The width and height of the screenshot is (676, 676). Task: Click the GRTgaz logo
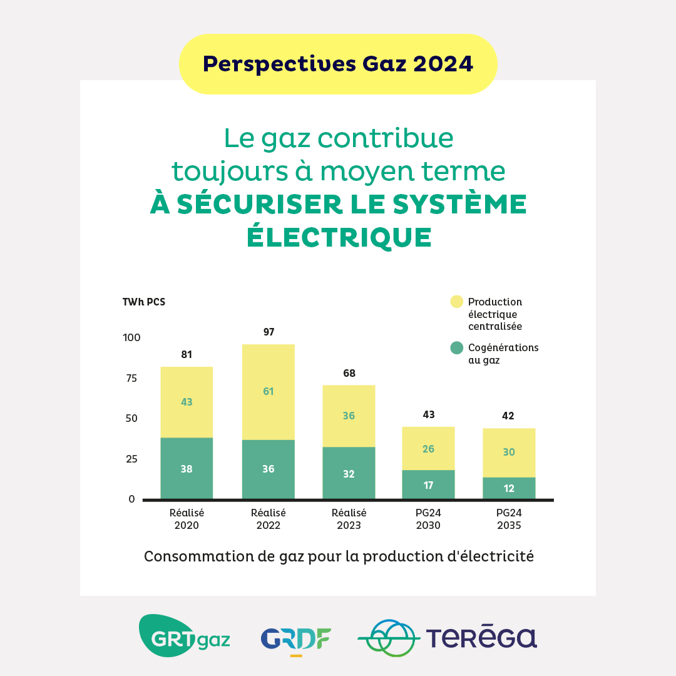(x=184, y=635)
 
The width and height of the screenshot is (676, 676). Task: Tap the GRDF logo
(x=296, y=638)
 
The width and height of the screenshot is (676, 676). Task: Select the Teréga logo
(x=447, y=637)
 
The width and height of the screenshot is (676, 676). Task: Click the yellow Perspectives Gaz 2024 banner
(x=338, y=64)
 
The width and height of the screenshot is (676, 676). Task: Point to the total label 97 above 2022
(x=269, y=332)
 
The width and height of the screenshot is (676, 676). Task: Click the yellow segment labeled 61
(x=269, y=392)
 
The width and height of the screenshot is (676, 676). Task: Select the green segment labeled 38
(x=187, y=468)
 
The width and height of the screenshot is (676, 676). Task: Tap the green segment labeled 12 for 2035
(x=509, y=488)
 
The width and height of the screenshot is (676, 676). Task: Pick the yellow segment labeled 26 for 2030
(x=428, y=449)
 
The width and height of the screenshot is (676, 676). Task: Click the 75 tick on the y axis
(x=131, y=378)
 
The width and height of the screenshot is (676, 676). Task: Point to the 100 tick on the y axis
(x=131, y=338)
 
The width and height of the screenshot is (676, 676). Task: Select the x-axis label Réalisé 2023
(x=349, y=519)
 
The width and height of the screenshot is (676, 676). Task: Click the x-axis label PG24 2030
(x=428, y=519)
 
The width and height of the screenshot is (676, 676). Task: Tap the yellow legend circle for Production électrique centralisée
(x=457, y=302)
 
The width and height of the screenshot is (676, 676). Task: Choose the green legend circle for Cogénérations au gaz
(x=457, y=347)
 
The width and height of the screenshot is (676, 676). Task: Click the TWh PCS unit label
(x=144, y=302)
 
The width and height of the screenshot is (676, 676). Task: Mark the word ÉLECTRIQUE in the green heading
(x=339, y=237)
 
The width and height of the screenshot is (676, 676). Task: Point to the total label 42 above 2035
(x=508, y=416)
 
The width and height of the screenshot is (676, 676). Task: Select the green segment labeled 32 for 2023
(x=349, y=474)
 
